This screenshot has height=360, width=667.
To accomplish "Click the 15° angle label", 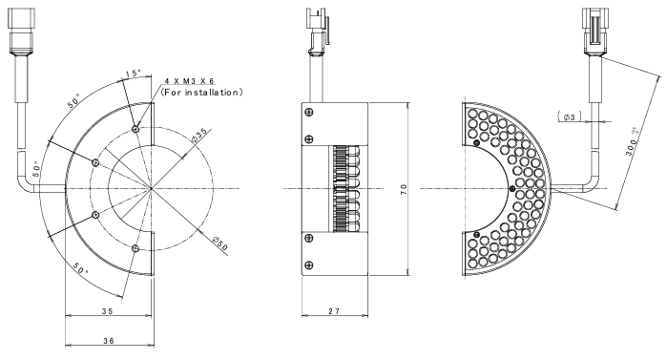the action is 134,74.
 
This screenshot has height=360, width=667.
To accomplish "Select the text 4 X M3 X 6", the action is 190,81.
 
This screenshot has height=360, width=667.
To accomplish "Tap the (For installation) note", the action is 201,92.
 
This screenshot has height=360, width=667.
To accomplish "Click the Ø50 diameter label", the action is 220,244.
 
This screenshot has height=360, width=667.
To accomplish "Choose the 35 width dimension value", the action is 107,311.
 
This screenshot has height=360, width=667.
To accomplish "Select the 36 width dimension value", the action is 108,341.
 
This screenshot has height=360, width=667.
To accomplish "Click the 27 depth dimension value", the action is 334,311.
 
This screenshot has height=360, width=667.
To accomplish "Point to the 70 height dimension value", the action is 404,189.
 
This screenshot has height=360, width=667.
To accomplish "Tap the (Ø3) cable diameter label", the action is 569,116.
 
